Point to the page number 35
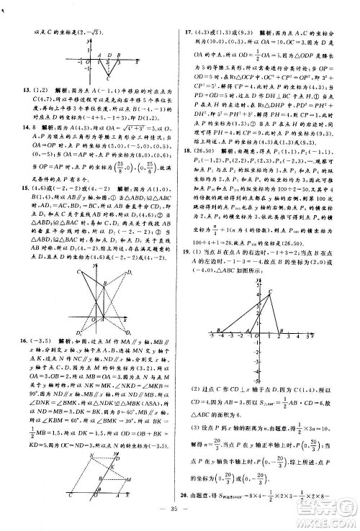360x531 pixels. [x=180, y=519]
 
